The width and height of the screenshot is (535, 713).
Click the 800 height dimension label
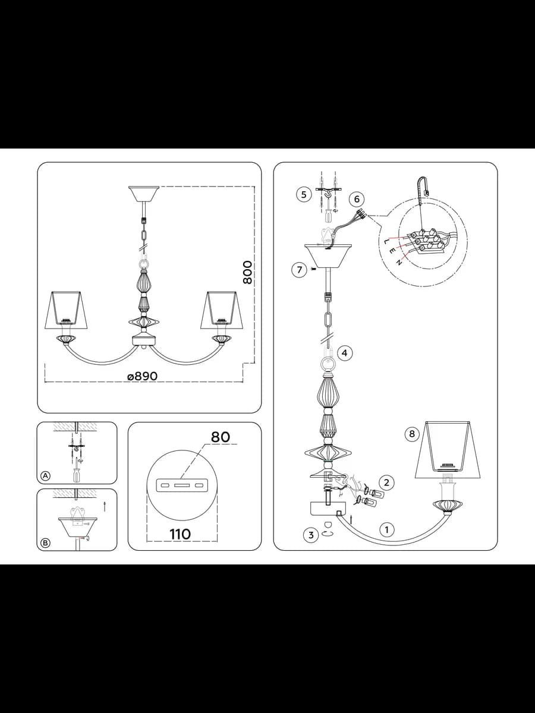point(248,273)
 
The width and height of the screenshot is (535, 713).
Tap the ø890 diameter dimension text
point(142,376)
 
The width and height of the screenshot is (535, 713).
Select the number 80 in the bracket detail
point(221,437)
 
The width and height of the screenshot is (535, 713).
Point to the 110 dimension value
point(180,534)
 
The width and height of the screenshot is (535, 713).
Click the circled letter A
point(46,476)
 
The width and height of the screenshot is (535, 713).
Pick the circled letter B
point(46,543)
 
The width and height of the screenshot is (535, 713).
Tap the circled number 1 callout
point(386,530)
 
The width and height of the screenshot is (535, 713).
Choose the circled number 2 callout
point(386,482)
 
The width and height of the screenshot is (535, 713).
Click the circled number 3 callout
point(311,535)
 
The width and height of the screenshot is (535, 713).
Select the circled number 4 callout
point(345,353)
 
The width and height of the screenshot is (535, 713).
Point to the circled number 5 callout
point(304,194)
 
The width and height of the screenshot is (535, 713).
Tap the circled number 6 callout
point(357,199)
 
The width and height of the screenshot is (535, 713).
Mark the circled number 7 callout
point(299,270)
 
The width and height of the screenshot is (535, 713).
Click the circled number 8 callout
point(412,434)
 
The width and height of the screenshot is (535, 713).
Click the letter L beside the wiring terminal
point(386,242)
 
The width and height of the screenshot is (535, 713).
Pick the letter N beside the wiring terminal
point(400,262)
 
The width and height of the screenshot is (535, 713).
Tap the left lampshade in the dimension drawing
point(66,310)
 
